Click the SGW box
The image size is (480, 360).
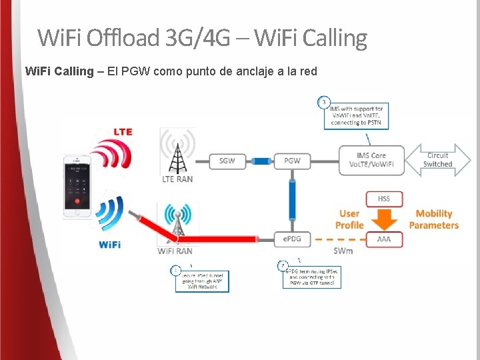click(x=227, y=161)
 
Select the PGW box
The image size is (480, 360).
click(x=292, y=161)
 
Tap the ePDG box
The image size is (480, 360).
click(x=292, y=238)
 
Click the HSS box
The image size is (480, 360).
click(x=384, y=199)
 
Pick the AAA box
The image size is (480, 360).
click(x=384, y=238)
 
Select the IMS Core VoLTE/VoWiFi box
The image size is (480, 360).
click(x=371, y=161)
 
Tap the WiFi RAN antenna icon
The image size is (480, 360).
click(x=177, y=224)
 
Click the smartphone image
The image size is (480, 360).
click(x=77, y=186)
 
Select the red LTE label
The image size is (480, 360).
click(x=123, y=131)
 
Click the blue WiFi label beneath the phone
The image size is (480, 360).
click(x=109, y=245)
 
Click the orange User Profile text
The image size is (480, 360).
click(x=349, y=219)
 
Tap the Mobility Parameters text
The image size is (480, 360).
click(x=434, y=219)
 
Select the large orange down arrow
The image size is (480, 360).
click(x=384, y=219)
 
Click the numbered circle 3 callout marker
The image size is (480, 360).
click(x=323, y=102)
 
